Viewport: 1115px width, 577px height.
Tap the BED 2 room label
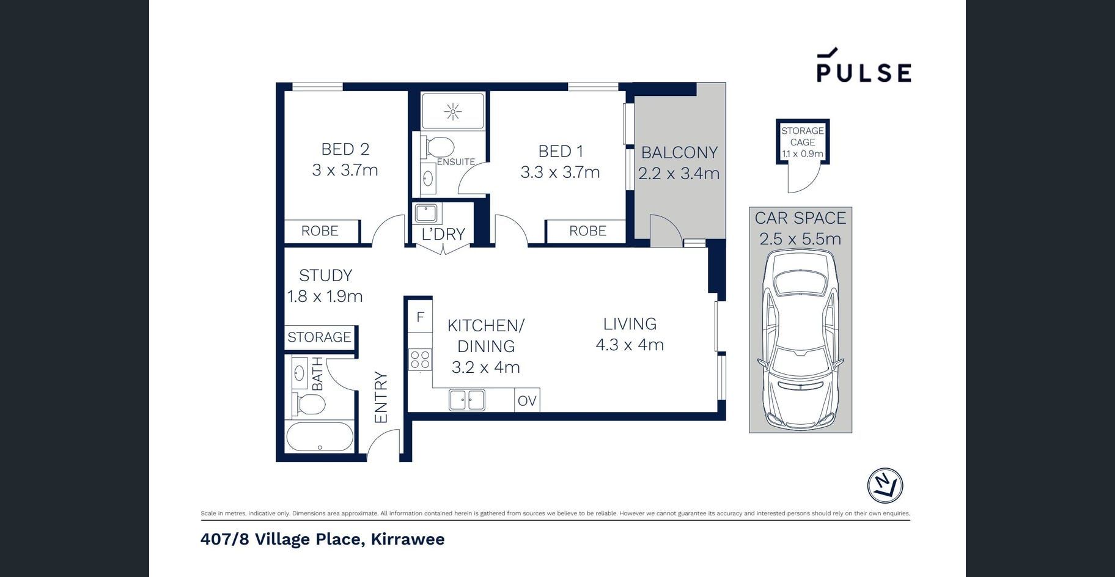point(345,149)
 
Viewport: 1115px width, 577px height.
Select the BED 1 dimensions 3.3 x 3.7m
point(560,172)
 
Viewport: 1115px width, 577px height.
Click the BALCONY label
point(679,152)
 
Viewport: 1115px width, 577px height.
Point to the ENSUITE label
point(455,162)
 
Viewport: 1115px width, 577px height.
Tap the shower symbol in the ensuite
point(453,111)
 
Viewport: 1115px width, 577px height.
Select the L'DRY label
point(443,233)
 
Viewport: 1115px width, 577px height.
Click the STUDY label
point(325,275)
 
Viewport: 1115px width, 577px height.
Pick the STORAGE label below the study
point(319,337)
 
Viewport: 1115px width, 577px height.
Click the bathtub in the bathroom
point(320,437)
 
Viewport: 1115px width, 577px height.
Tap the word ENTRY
point(381,397)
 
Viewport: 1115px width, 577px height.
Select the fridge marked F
point(420,317)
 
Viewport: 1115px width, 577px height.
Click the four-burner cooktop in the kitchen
point(420,359)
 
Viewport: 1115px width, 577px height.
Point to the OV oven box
point(527,400)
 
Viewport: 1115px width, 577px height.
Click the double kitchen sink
point(467,400)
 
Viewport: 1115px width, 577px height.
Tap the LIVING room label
point(630,324)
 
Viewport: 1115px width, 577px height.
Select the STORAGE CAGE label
point(803,136)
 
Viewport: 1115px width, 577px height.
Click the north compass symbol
point(885,486)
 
